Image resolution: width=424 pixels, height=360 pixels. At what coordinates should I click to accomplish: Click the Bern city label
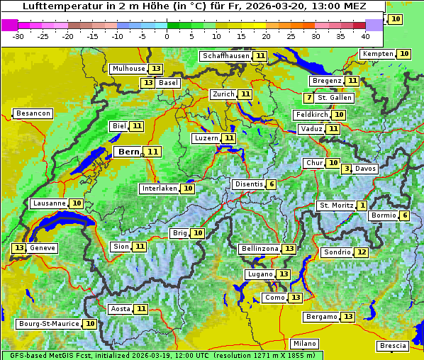pos(129,152)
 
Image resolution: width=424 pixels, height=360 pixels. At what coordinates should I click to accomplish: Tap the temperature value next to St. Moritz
pos(362,206)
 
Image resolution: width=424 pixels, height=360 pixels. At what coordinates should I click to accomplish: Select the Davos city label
pos(365,169)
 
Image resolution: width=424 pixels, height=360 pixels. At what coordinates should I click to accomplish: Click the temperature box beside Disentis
pos(271,184)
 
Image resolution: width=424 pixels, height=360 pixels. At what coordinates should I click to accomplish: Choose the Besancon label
pos(33,113)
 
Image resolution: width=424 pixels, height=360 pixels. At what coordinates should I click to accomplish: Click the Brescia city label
pos(393,346)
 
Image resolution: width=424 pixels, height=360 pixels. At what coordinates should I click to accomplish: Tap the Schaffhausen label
pos(225,56)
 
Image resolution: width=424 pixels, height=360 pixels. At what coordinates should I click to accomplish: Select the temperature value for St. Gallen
pos(308,98)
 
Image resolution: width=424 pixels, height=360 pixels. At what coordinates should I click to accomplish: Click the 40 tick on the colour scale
pos(365,36)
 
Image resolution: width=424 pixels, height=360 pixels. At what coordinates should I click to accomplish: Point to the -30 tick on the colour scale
pos(18,36)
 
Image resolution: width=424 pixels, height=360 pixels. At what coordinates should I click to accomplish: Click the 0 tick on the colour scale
pos(167,36)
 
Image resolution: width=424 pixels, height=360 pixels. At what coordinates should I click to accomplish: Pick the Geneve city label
pos(43,248)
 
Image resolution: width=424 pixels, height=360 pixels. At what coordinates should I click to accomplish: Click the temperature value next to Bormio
pos(404,215)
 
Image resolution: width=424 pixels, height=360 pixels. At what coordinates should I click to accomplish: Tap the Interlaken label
pos(159,189)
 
